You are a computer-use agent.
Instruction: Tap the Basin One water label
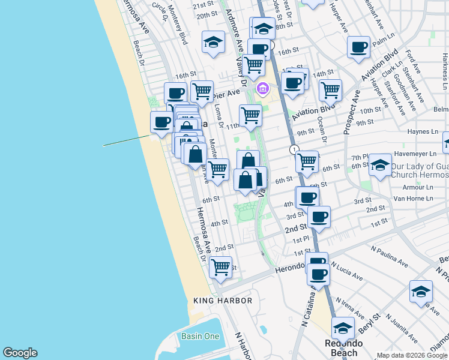[x=200, y=336]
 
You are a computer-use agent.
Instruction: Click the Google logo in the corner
[x=20, y=353]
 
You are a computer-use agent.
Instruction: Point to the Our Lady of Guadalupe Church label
[x=420, y=170]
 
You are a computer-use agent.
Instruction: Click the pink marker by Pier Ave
[x=262, y=90]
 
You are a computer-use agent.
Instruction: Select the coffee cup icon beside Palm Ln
[x=359, y=47]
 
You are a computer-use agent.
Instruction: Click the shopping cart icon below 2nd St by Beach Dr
[x=221, y=266]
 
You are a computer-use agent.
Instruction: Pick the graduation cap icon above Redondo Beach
[x=343, y=328]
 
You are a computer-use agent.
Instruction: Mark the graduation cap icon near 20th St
[x=212, y=42]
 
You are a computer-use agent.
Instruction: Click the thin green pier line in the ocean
[x=126, y=140]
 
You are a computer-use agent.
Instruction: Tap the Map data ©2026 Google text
[x=411, y=355]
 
